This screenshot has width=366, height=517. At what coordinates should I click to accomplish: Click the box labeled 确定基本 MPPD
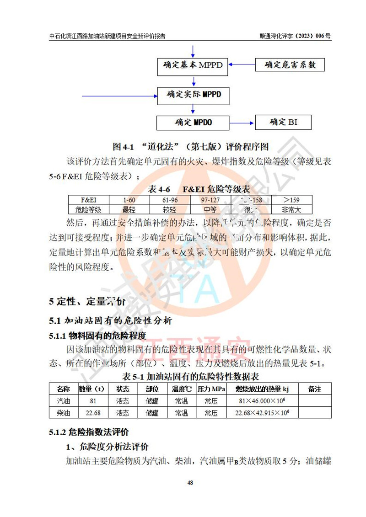coord(193,65)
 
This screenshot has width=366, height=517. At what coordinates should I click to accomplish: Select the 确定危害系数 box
coord(290,64)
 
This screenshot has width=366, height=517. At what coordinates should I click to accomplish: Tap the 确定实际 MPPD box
coord(193,96)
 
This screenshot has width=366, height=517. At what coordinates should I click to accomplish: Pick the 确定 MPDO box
coord(193,123)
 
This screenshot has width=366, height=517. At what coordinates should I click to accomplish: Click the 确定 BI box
coord(283,122)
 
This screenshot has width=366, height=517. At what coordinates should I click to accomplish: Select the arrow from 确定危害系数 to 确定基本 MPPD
coord(242,64)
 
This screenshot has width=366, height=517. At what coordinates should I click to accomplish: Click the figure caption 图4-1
coord(190,147)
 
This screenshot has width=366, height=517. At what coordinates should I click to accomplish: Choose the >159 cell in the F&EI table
coord(291,200)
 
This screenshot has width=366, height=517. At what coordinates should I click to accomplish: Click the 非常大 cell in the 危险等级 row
coord(291,210)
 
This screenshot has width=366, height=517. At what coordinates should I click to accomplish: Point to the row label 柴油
coord(63,413)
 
